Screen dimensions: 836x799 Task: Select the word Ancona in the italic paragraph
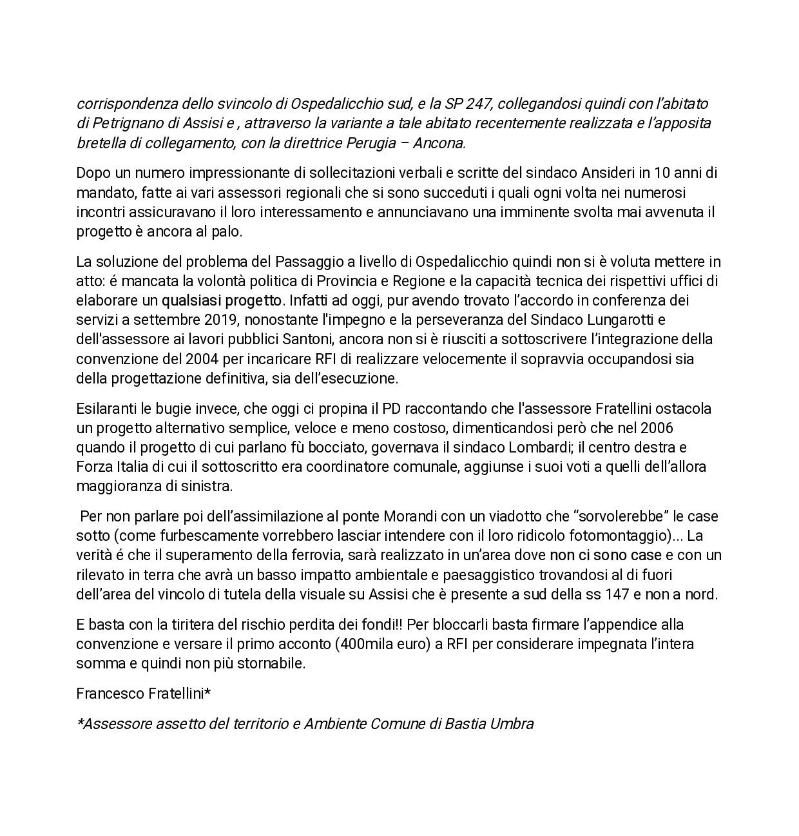[x=443, y=142]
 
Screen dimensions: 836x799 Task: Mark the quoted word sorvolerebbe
[x=617, y=517]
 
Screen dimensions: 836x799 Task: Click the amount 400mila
[x=356, y=644]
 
